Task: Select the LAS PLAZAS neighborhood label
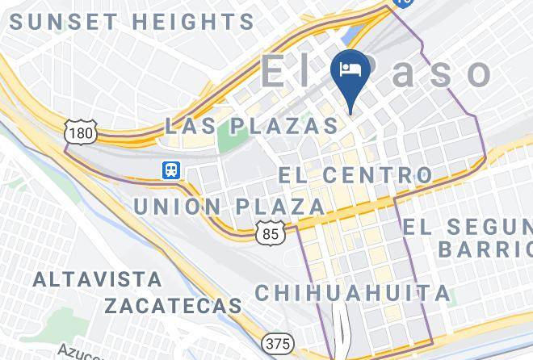(251, 125)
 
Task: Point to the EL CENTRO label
(355, 174)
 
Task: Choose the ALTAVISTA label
(97, 280)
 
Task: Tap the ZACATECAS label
(173, 305)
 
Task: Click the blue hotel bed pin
(350, 71)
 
